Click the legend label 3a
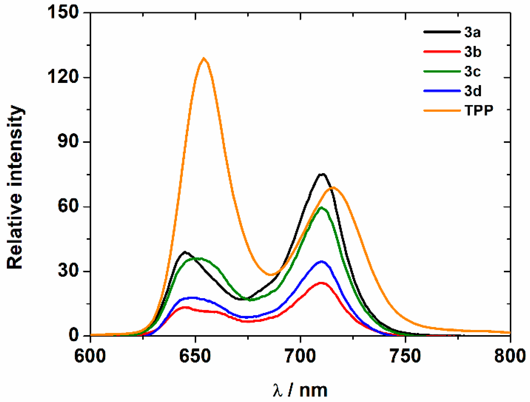click(x=472, y=32)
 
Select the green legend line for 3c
click(x=442, y=71)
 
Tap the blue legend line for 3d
click(x=442, y=91)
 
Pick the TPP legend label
click(x=479, y=110)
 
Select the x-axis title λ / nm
click(x=300, y=390)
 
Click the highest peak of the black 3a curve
click(x=322, y=174)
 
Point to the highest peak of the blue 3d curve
click(x=322, y=261)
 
